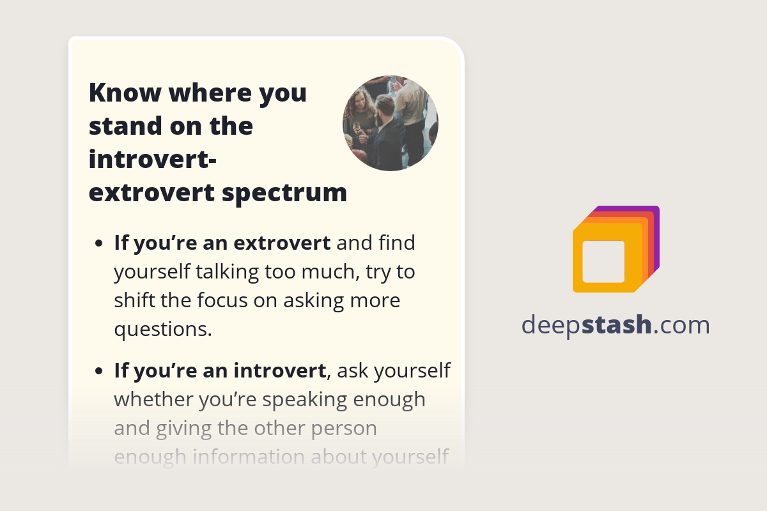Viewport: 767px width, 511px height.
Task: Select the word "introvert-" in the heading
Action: click(x=152, y=159)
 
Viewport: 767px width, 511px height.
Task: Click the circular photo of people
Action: click(x=390, y=123)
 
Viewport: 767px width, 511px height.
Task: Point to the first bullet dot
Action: click(x=98, y=244)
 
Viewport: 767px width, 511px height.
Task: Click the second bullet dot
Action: click(x=98, y=370)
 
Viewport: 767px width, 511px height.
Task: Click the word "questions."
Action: click(x=162, y=329)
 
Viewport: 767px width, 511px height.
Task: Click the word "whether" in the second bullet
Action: click(x=153, y=399)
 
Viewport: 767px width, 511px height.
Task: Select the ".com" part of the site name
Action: click(x=681, y=326)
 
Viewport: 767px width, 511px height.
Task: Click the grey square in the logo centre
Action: click(x=603, y=261)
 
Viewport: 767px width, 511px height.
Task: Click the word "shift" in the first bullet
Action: click(x=133, y=300)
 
